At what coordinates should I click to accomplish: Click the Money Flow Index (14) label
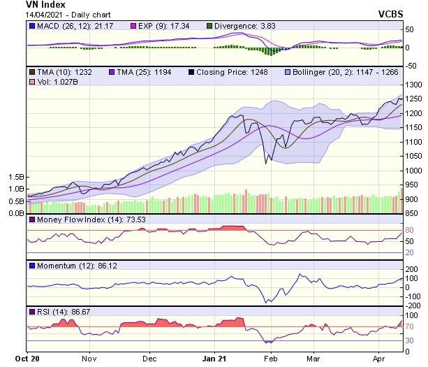point(75,220)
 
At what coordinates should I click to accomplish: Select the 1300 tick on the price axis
point(415,85)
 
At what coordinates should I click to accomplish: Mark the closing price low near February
point(265,163)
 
